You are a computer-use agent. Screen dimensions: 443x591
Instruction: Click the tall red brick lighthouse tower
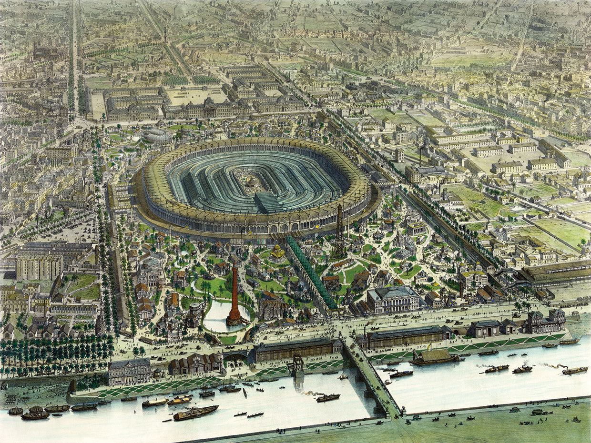click(234, 295)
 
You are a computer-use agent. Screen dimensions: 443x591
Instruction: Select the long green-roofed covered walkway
click(310, 272)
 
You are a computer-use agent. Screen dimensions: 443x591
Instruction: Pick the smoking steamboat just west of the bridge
click(328, 397)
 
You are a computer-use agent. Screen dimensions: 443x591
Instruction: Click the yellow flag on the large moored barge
click(428, 347)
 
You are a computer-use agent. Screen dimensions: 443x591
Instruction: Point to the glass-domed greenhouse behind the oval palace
click(158, 136)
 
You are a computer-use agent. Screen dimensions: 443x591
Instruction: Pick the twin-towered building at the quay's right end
click(545, 322)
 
